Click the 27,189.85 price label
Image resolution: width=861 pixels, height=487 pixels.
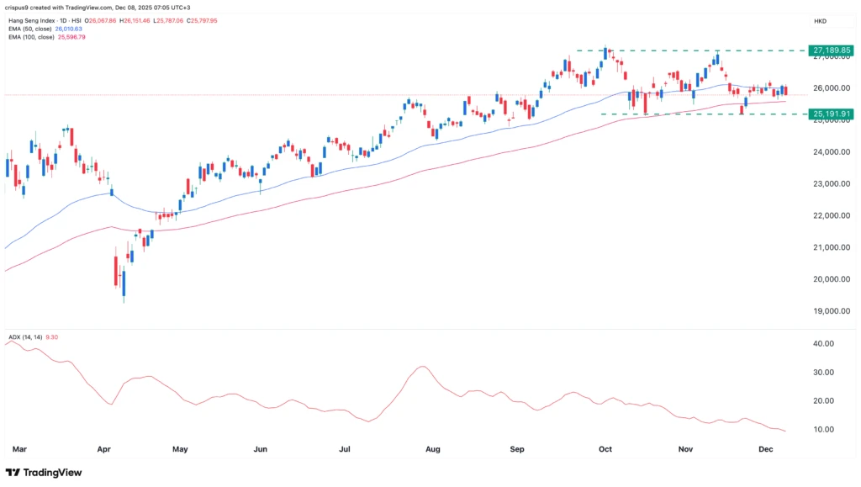point(829,50)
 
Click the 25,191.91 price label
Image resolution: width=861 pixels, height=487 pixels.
point(829,114)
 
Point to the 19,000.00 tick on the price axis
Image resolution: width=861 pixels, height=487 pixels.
point(828,311)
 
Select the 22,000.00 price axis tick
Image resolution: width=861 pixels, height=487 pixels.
point(828,215)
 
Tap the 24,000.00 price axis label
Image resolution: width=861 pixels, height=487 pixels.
point(828,152)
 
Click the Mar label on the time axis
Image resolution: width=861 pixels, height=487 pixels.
point(20,450)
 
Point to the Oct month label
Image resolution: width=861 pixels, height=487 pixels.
point(605,450)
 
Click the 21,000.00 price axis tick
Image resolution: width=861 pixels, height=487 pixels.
point(828,247)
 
